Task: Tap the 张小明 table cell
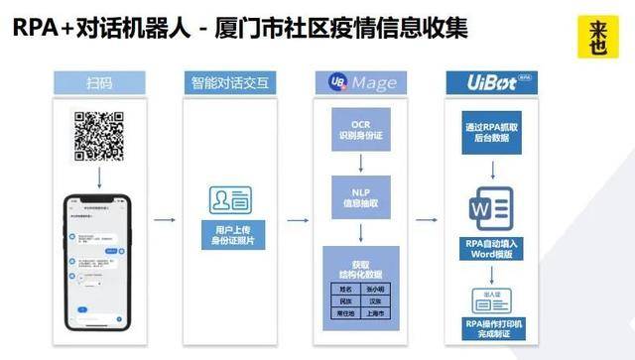(378, 287)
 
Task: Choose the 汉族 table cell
(378, 301)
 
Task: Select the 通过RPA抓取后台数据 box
(493, 134)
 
